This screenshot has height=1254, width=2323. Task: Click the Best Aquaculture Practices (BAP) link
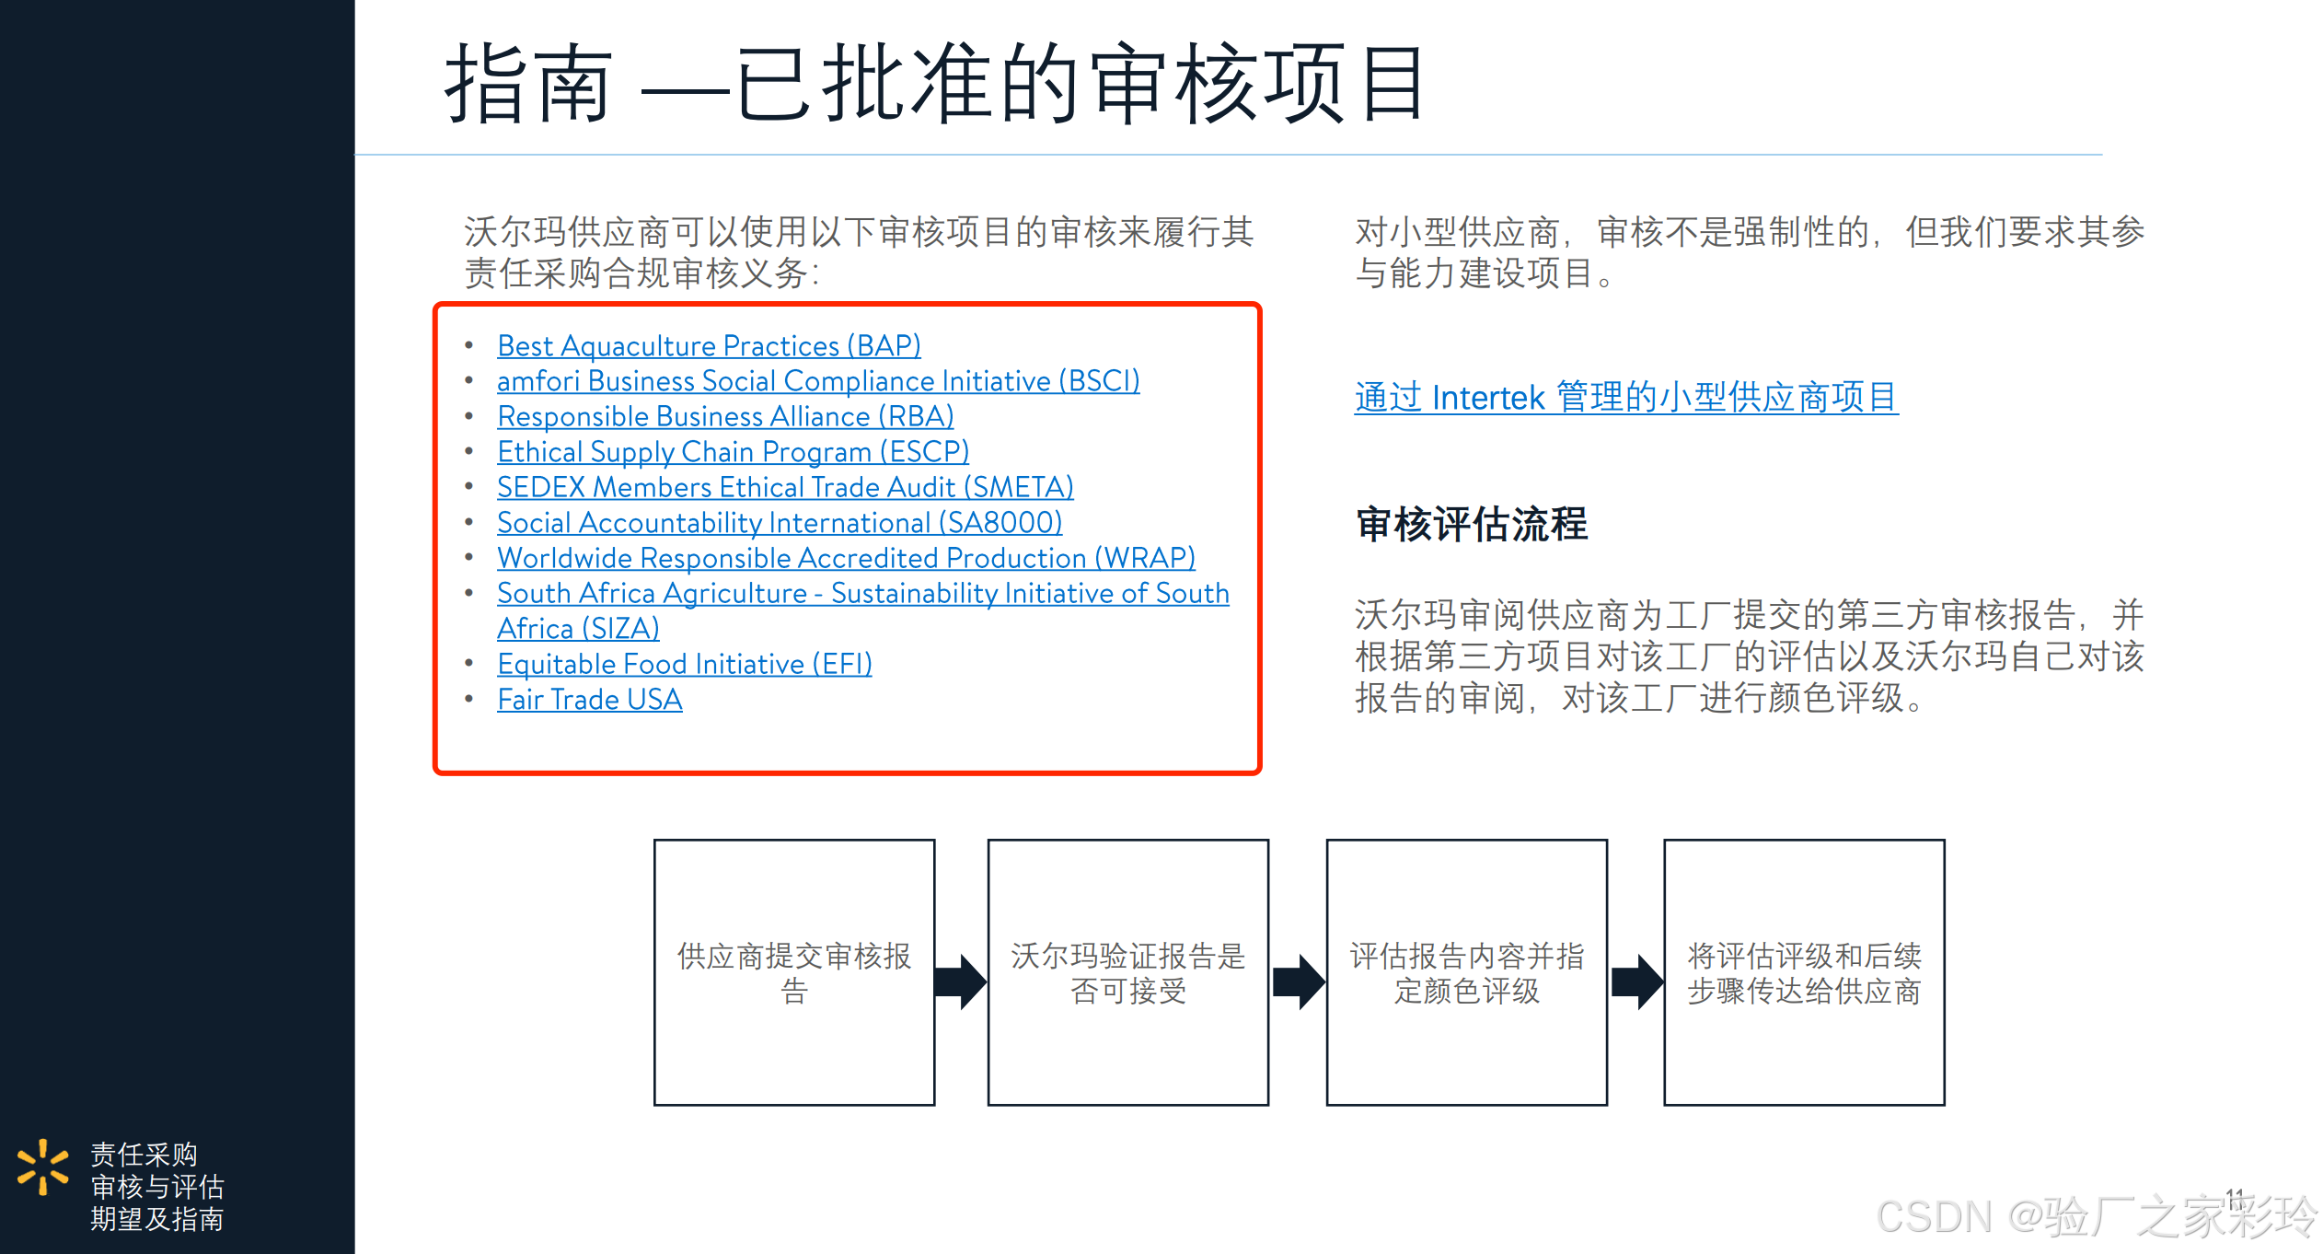(709, 346)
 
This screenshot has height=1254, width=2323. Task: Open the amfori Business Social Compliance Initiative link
(817, 381)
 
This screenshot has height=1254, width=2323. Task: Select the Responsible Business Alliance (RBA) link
(725, 417)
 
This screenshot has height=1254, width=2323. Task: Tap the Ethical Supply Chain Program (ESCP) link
(733, 452)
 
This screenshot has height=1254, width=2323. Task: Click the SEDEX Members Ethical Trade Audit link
(785, 487)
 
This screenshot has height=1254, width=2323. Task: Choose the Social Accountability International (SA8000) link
(780, 523)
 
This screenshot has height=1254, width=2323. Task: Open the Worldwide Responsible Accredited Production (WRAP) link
(846, 558)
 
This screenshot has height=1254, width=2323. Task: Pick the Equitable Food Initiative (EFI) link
(684, 664)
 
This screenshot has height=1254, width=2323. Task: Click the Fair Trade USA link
(589, 700)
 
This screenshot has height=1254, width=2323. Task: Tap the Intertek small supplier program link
(1625, 398)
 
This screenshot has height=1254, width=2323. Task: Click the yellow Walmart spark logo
(42, 1167)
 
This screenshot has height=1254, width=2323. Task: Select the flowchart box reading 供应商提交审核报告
(794, 972)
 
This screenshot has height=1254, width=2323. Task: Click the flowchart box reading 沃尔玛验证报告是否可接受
(1127, 972)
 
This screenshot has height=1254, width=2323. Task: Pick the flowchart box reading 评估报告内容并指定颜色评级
(1466, 972)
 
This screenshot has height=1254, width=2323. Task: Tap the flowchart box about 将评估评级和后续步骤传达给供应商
(1804, 972)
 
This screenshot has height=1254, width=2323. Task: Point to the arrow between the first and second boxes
(961, 981)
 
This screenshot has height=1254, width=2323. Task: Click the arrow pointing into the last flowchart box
(1636, 981)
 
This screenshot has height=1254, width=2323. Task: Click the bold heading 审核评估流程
(1471, 525)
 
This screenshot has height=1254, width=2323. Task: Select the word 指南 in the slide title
(528, 85)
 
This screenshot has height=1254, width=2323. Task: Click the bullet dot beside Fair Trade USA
(469, 699)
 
